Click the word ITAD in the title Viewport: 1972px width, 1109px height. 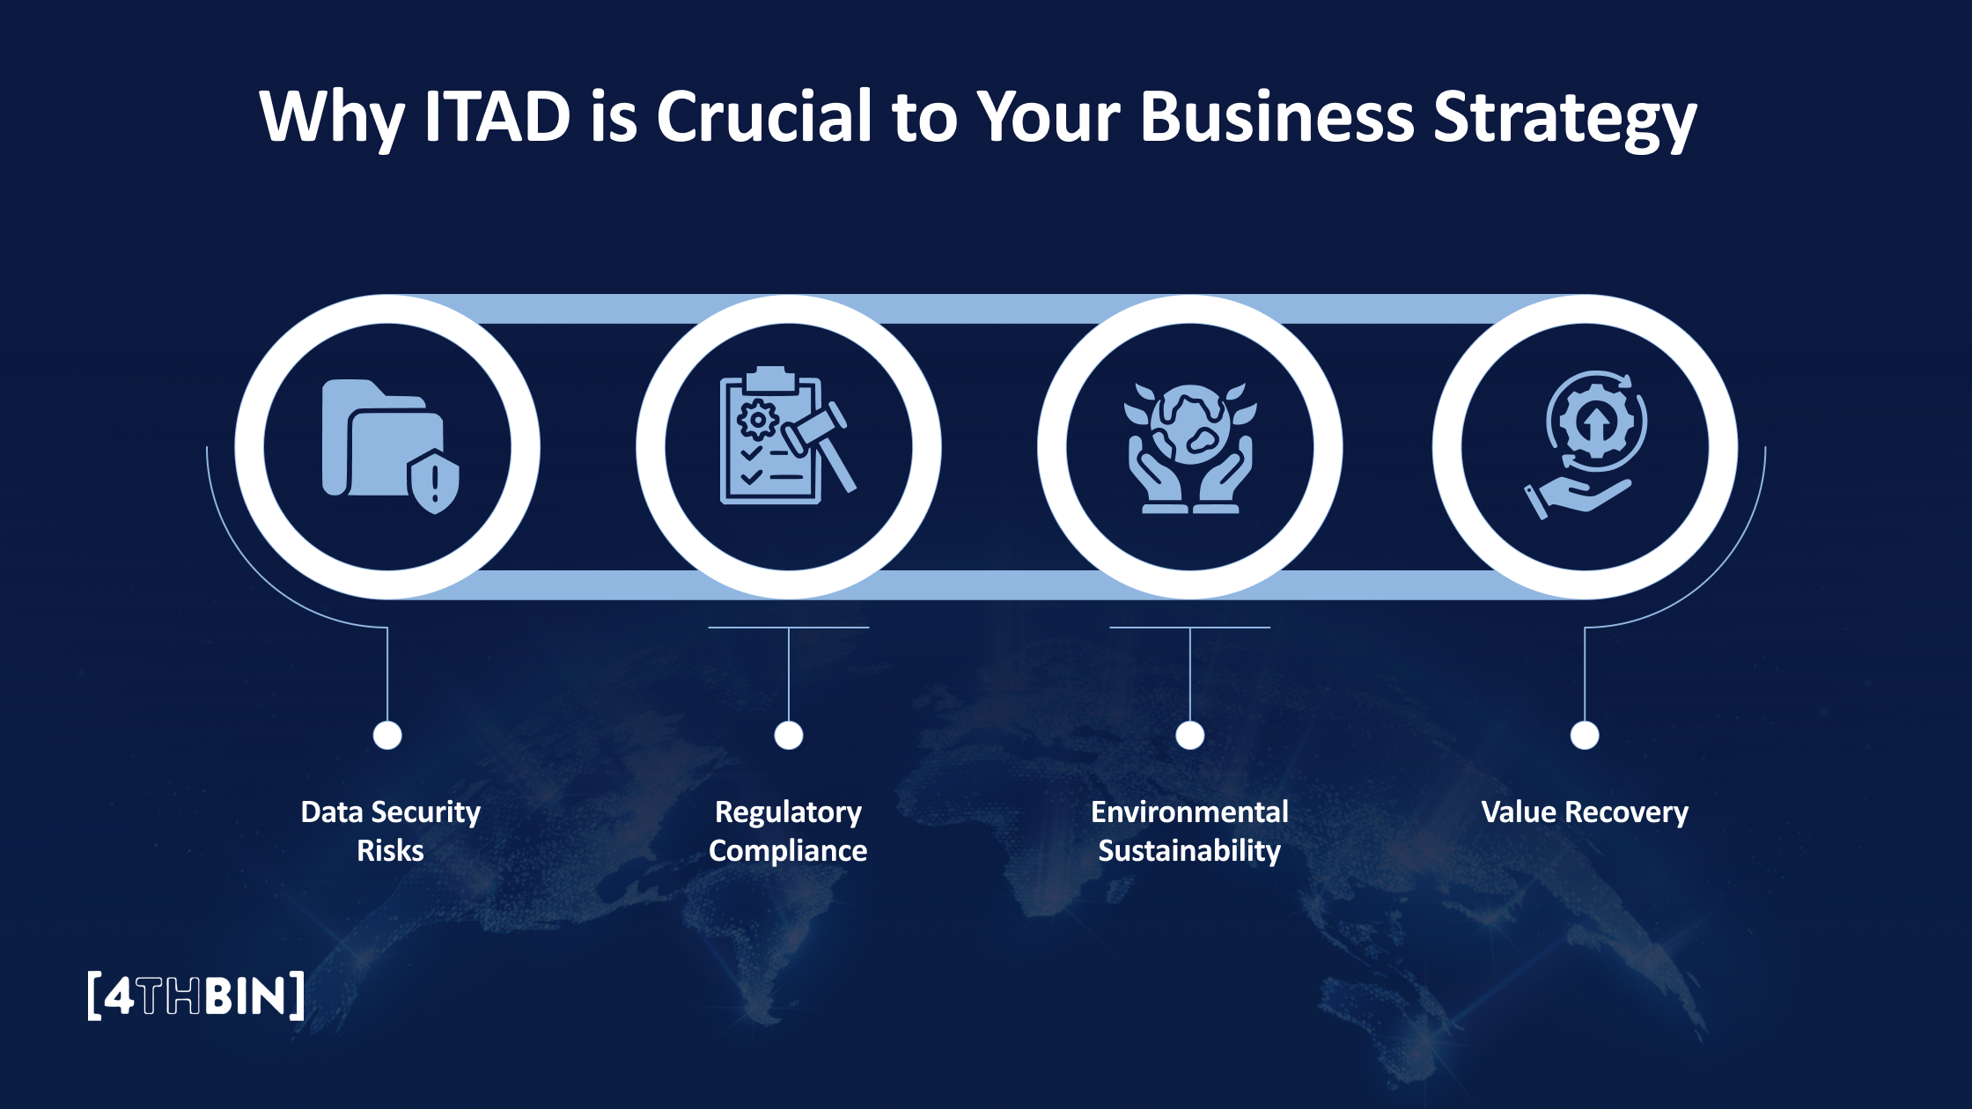(x=497, y=116)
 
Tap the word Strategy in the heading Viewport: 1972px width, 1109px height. (x=1564, y=118)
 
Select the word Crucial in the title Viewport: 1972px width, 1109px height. (x=764, y=116)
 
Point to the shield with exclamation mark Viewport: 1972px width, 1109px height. (x=434, y=482)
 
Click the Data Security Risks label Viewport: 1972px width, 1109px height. (x=390, y=831)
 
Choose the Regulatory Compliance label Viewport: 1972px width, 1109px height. (x=788, y=831)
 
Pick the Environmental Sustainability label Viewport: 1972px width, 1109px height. (x=1189, y=831)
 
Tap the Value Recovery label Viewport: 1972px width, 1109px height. (x=1585, y=812)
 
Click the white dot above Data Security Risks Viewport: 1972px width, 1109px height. (x=387, y=735)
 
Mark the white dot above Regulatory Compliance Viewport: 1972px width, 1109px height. (x=789, y=735)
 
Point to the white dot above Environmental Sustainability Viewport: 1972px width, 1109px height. (x=1190, y=735)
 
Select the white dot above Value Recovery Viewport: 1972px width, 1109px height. (x=1585, y=735)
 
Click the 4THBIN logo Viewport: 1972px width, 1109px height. (x=195, y=995)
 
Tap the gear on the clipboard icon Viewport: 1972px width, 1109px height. (x=757, y=420)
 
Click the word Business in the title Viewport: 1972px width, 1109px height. (x=1277, y=116)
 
